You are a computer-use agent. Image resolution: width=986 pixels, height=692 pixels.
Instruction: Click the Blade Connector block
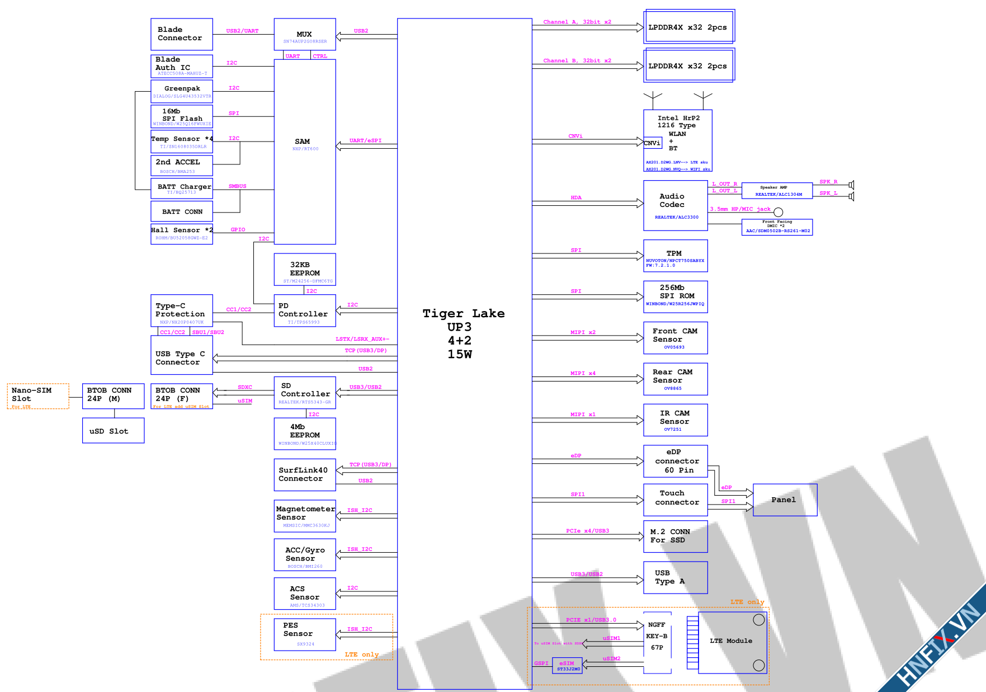pos(181,34)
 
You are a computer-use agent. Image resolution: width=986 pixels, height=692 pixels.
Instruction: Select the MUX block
pos(305,34)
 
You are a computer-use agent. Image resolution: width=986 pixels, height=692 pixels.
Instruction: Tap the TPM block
pos(675,256)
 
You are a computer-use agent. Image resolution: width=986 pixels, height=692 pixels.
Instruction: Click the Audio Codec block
pos(675,205)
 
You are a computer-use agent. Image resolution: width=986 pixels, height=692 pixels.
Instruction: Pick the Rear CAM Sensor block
pos(675,379)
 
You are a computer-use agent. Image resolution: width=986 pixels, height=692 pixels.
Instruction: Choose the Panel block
pos(784,500)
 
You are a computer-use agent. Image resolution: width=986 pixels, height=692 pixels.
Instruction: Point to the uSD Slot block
pos(113,431)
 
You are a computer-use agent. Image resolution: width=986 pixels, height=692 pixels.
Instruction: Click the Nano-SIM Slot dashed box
pos(38,396)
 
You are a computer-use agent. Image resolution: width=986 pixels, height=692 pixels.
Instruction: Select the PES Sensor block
pos(305,634)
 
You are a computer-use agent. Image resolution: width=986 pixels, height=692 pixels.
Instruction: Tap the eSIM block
pos(567,665)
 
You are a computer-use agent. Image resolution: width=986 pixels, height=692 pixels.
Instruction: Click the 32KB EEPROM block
pos(305,269)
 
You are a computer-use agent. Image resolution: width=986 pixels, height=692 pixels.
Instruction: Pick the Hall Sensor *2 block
pos(181,234)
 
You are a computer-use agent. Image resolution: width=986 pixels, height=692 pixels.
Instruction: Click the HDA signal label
pos(576,197)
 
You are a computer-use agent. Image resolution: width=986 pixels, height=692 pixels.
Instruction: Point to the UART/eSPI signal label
pos(365,140)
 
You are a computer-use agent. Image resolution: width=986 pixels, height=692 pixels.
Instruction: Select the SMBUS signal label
pos(237,186)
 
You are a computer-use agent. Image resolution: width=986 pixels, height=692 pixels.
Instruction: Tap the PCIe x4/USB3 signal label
pos(587,531)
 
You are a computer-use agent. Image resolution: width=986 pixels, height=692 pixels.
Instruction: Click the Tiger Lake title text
pos(463,313)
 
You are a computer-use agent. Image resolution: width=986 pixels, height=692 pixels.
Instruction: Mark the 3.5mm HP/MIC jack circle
pos(778,212)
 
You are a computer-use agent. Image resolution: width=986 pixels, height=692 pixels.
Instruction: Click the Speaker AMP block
pos(776,191)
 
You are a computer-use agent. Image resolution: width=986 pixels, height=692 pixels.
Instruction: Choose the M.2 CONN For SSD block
pos(675,536)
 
